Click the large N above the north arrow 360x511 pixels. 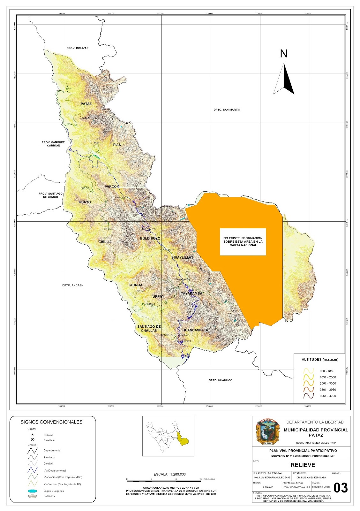[283, 54]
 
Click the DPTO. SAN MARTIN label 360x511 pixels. [227, 110]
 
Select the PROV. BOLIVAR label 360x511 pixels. [78, 48]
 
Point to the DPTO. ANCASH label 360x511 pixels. [73, 285]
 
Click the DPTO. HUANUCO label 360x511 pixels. [221, 380]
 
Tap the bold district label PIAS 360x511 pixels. [117, 145]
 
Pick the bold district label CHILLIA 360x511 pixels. [105, 242]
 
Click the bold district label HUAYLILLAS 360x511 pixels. [183, 257]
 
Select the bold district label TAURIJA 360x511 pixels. [135, 285]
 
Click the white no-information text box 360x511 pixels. [243, 242]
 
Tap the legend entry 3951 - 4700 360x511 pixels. [327, 396]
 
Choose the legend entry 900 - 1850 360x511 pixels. [327, 371]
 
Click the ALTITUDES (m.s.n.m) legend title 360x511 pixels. [320, 360]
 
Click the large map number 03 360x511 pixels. [340, 488]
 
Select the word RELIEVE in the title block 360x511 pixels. [303, 465]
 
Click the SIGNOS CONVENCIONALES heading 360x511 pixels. [51, 422]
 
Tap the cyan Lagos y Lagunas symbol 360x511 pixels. [33, 491]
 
